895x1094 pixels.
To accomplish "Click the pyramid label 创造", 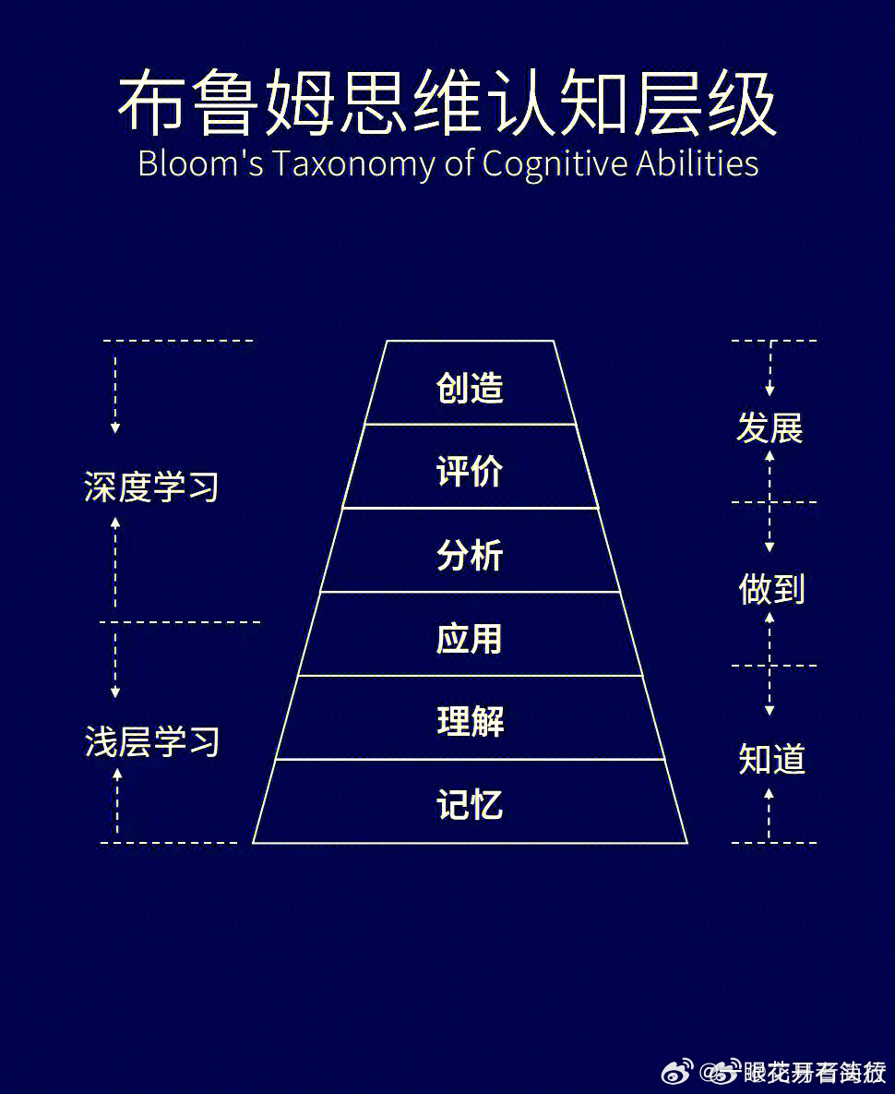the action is click(470, 388).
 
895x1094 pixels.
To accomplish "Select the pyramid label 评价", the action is click(470, 472).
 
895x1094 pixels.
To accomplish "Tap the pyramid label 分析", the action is click(470, 556).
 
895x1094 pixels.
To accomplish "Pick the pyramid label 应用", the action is click(470, 639).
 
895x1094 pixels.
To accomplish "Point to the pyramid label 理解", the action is click(470, 722).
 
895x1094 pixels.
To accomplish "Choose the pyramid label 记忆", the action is click(470, 805).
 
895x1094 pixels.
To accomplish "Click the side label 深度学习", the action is click(151, 487).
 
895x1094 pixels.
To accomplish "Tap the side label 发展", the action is click(770, 428).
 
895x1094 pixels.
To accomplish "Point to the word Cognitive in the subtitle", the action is click(555, 164).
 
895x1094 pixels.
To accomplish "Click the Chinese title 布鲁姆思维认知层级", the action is click(447, 103).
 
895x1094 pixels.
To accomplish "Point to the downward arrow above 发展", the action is click(770, 369).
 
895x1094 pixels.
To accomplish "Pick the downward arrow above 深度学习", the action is click(115, 388).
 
